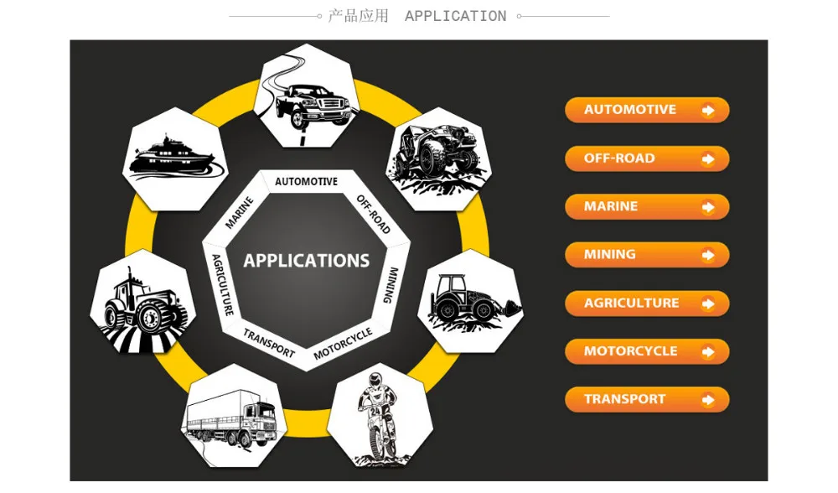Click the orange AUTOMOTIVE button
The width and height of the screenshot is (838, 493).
pos(647,110)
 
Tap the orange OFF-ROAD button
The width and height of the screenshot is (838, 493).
pos(647,158)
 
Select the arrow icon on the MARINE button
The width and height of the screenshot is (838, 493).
pos(708,207)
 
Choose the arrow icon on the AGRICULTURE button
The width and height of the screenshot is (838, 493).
pos(708,304)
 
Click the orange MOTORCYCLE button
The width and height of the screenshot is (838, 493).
pos(647,352)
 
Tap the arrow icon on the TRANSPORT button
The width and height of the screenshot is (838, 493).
pos(708,400)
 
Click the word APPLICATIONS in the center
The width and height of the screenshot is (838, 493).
pos(306,261)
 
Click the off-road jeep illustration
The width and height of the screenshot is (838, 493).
pos(439,158)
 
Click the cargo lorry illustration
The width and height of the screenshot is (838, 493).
pos(231,418)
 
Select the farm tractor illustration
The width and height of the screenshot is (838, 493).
pos(142,309)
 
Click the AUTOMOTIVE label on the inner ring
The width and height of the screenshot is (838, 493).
pos(306,182)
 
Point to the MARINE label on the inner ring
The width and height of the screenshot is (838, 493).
pos(239,213)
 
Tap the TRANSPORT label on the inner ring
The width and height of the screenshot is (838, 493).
pos(269,343)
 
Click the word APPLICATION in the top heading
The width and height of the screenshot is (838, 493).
pos(455,16)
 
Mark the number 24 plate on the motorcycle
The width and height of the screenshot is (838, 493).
pos(375,411)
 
